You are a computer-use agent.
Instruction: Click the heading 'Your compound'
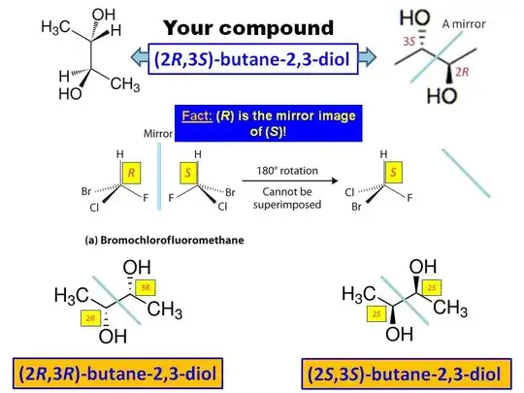pyautogui.click(x=248, y=28)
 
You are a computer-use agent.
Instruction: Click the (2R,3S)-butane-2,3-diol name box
pyautogui.click(x=253, y=59)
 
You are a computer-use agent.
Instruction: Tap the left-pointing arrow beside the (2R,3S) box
pyautogui.click(x=140, y=57)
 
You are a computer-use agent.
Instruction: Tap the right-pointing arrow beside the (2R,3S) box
pyautogui.click(x=367, y=57)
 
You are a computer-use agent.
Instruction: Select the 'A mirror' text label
pyautogui.click(x=464, y=24)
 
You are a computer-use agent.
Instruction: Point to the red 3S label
pyautogui.click(x=409, y=42)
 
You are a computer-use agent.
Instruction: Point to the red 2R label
pyautogui.click(x=462, y=72)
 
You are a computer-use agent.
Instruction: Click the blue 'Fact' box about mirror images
pyautogui.click(x=269, y=123)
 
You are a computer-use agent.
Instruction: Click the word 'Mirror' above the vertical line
pyautogui.click(x=158, y=134)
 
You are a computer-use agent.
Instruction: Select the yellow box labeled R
pyautogui.click(x=131, y=173)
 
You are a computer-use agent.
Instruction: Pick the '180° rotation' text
pyautogui.click(x=287, y=171)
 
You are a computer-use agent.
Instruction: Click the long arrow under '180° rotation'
pyautogui.click(x=290, y=181)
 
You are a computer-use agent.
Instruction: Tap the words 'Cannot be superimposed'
pyautogui.click(x=287, y=198)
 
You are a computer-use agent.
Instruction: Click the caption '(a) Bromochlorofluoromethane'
pyautogui.click(x=164, y=240)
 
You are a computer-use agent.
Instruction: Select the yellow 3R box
pyautogui.click(x=146, y=287)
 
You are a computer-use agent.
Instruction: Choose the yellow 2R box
pyautogui.click(x=90, y=318)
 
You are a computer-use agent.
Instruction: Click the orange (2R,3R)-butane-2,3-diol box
pyautogui.click(x=118, y=374)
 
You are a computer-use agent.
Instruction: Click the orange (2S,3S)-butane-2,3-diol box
pyautogui.click(x=407, y=374)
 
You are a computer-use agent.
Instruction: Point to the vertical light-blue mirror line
pyautogui.click(x=159, y=177)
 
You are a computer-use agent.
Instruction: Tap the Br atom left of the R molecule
pyautogui.click(x=86, y=191)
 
